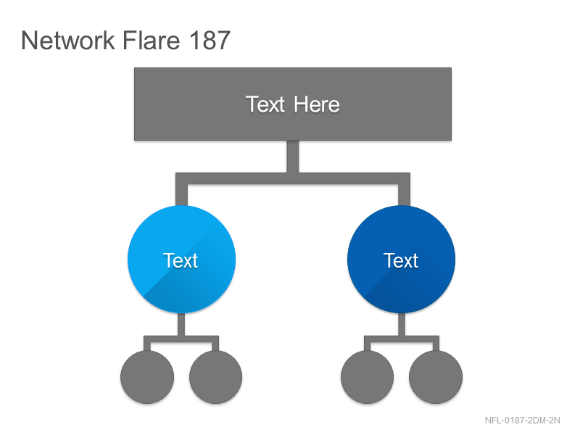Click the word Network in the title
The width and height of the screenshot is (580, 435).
pyautogui.click(x=68, y=40)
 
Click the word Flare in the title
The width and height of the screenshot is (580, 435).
pyautogui.click(x=152, y=40)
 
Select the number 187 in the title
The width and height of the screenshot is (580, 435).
pyautogui.click(x=210, y=40)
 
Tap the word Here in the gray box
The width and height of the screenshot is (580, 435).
pyautogui.click(x=317, y=104)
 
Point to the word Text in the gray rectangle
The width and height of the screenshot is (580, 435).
pyautogui.click(x=265, y=104)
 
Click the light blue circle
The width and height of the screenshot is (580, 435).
pyautogui.click(x=182, y=260)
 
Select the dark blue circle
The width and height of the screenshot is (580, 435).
pyautogui.click(x=402, y=260)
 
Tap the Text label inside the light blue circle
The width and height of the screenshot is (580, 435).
pyautogui.click(x=181, y=260)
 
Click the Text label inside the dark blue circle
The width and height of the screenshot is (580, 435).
pyautogui.click(x=401, y=260)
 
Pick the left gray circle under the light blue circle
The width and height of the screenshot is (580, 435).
pyautogui.click(x=147, y=377)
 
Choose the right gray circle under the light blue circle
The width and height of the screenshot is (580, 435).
pyautogui.click(x=215, y=377)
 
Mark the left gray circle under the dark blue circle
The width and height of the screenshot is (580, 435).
pyautogui.click(x=368, y=377)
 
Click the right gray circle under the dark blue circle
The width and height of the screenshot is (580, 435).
pyautogui.click(x=436, y=377)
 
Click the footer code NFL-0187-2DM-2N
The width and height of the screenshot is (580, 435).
pyautogui.click(x=522, y=420)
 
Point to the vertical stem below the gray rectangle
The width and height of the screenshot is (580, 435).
pyautogui.click(x=293, y=157)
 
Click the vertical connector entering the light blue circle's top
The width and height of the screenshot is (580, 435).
pyautogui.click(x=182, y=194)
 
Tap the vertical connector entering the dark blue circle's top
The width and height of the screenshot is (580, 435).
pyautogui.click(x=405, y=194)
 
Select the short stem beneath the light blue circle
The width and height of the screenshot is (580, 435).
pyautogui.click(x=181, y=324)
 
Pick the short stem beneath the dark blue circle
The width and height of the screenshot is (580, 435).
pyautogui.click(x=402, y=324)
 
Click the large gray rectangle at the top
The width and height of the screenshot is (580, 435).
pyautogui.click(x=293, y=104)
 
